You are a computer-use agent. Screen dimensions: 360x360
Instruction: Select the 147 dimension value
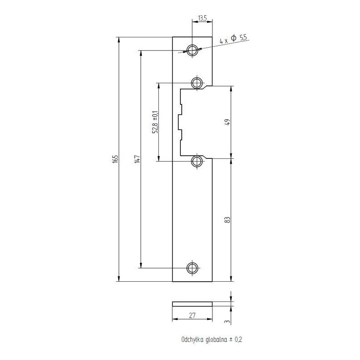pyautogui.click(x=137, y=159)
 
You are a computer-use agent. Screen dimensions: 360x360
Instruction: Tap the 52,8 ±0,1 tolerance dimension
pyautogui.click(x=155, y=122)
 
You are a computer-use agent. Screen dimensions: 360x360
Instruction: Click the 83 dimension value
pyautogui.click(x=228, y=220)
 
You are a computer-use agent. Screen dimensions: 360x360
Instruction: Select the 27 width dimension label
pyautogui.click(x=192, y=316)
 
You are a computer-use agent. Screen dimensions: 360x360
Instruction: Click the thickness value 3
pyautogui.click(x=228, y=321)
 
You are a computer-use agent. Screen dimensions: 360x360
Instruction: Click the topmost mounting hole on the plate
pyautogui.click(x=193, y=49)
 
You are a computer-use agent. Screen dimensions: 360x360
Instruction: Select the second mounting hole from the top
pyautogui.click(x=197, y=83)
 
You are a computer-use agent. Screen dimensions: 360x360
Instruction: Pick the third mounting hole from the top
pyautogui.click(x=197, y=161)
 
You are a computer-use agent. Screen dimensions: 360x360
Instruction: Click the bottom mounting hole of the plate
pyautogui.click(x=192, y=269)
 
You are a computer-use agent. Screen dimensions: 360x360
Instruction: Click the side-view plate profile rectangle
pyautogui.click(x=193, y=304)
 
